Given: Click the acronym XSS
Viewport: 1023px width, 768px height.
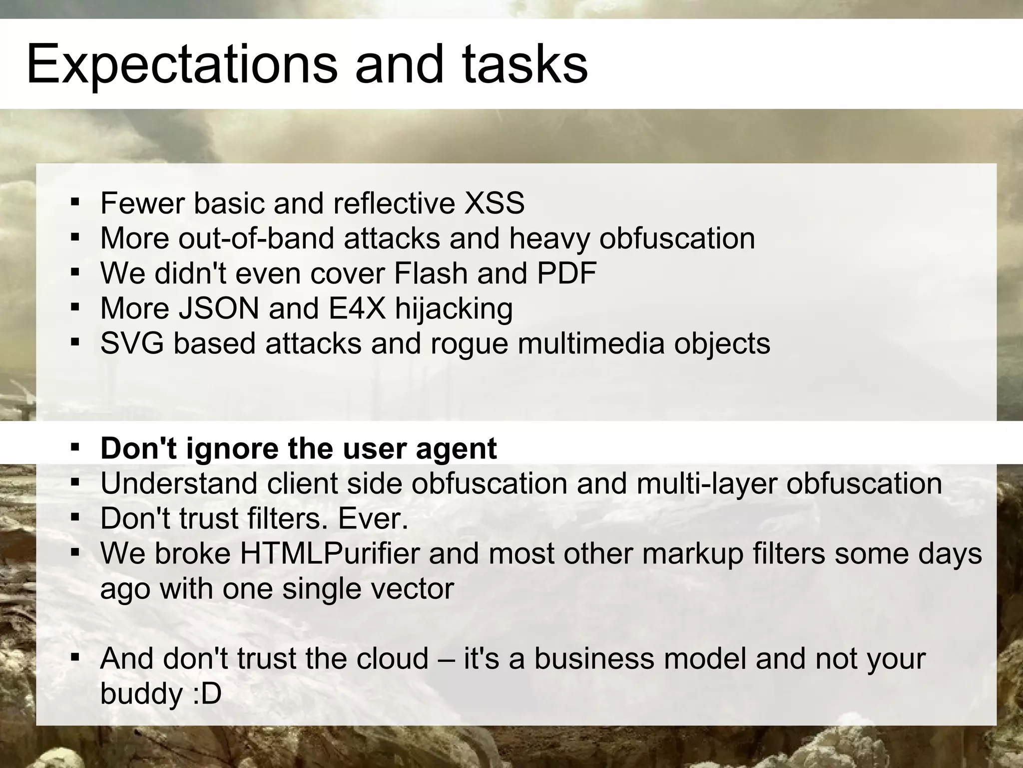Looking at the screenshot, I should pyautogui.click(x=494, y=203).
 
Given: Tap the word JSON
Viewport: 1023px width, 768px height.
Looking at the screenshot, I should pyautogui.click(x=219, y=308).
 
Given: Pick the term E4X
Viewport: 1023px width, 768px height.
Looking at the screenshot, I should pyautogui.click(x=357, y=308).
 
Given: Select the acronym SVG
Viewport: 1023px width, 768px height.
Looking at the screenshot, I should pyautogui.click(x=132, y=343).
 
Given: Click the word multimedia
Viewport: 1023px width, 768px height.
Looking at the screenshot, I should pyautogui.click(x=591, y=343).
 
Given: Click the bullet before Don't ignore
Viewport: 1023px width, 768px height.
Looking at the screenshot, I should pyautogui.click(x=75, y=446).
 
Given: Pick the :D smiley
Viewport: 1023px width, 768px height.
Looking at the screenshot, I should pyautogui.click(x=207, y=693).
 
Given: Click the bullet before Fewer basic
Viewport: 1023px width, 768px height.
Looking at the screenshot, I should pyautogui.click(x=75, y=202).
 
